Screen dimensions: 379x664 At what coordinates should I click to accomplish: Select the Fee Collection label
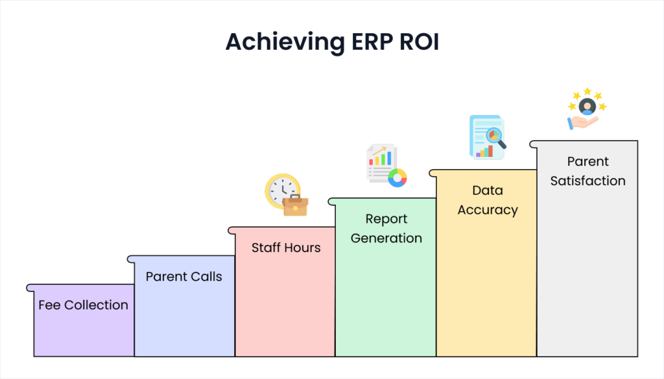pyautogui.click(x=83, y=305)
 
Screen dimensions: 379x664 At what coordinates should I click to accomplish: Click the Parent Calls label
pyautogui.click(x=184, y=277)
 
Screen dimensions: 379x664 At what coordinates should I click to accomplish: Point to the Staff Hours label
pyautogui.click(x=286, y=248)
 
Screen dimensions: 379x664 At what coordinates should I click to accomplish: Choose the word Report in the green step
pyautogui.click(x=386, y=219)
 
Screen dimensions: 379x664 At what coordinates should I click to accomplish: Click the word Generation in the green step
pyautogui.click(x=386, y=238)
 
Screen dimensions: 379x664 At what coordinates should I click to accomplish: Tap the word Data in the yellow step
pyautogui.click(x=487, y=190)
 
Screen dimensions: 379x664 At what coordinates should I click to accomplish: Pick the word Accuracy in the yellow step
pyautogui.click(x=487, y=210)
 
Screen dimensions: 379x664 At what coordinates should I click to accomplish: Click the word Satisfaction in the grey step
pyautogui.click(x=587, y=181)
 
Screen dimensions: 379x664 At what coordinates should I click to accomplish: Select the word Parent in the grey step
pyautogui.click(x=587, y=161)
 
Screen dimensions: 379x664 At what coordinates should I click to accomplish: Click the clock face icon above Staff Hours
pyautogui.click(x=281, y=189)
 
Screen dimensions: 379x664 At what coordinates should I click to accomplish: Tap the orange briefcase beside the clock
pyautogui.click(x=296, y=205)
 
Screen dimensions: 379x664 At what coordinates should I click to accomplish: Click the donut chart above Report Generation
pyautogui.click(x=397, y=177)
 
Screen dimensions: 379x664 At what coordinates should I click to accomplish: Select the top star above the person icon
pyautogui.click(x=587, y=91)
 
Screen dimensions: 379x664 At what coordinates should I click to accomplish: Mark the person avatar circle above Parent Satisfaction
pyautogui.click(x=587, y=106)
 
